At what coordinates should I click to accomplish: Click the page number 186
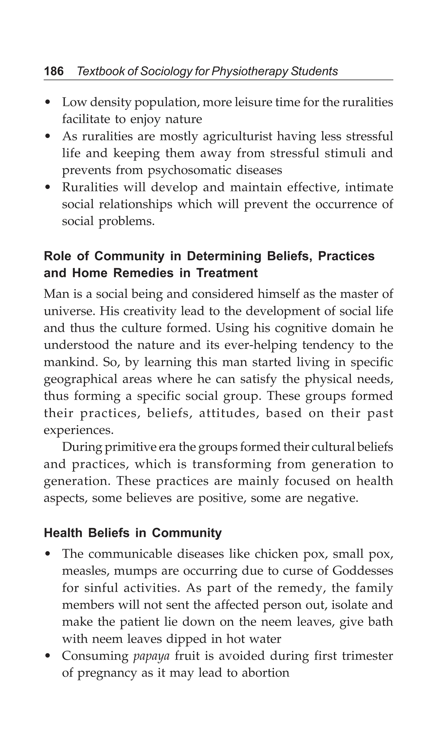click(54, 71)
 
